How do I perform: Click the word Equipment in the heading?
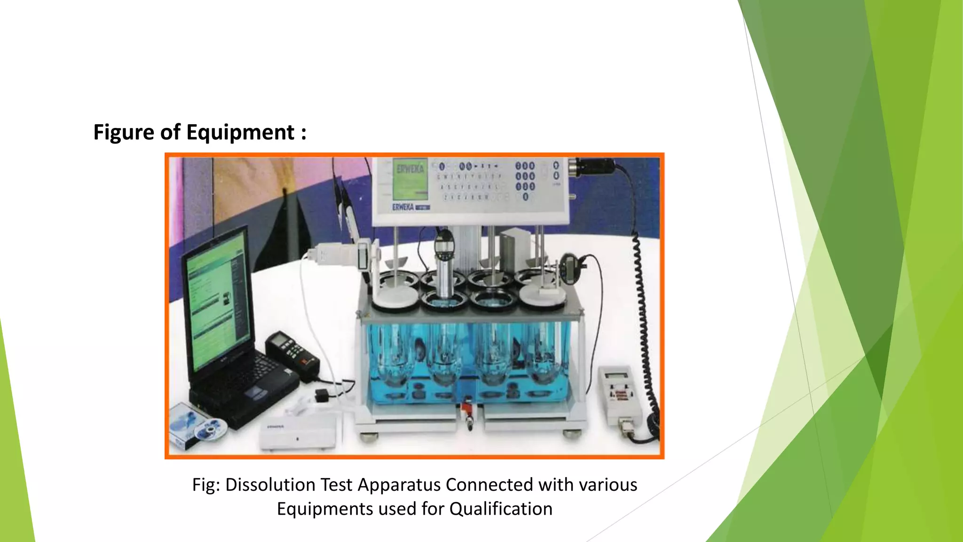[240, 132]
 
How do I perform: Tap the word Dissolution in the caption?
[270, 485]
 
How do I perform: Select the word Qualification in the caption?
[501, 509]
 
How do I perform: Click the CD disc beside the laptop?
[210, 428]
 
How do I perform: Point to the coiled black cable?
[647, 329]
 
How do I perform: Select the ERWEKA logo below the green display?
[403, 207]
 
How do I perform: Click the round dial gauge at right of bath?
[572, 266]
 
